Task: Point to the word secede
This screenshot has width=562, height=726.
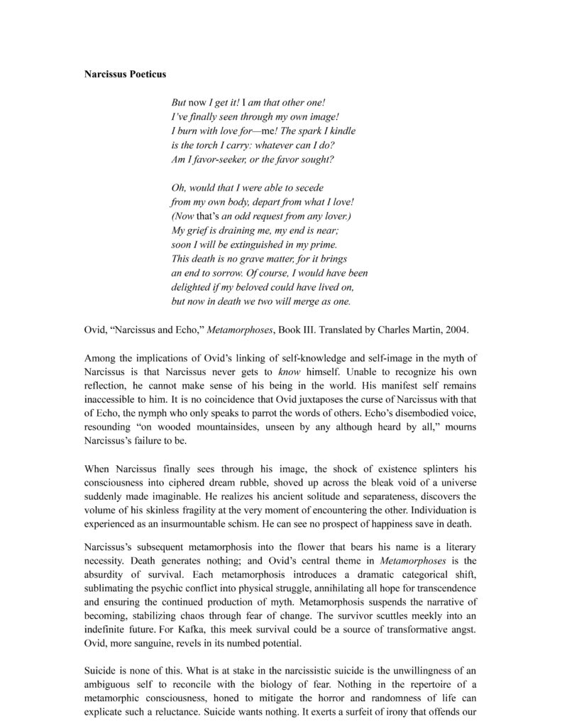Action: (309, 189)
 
